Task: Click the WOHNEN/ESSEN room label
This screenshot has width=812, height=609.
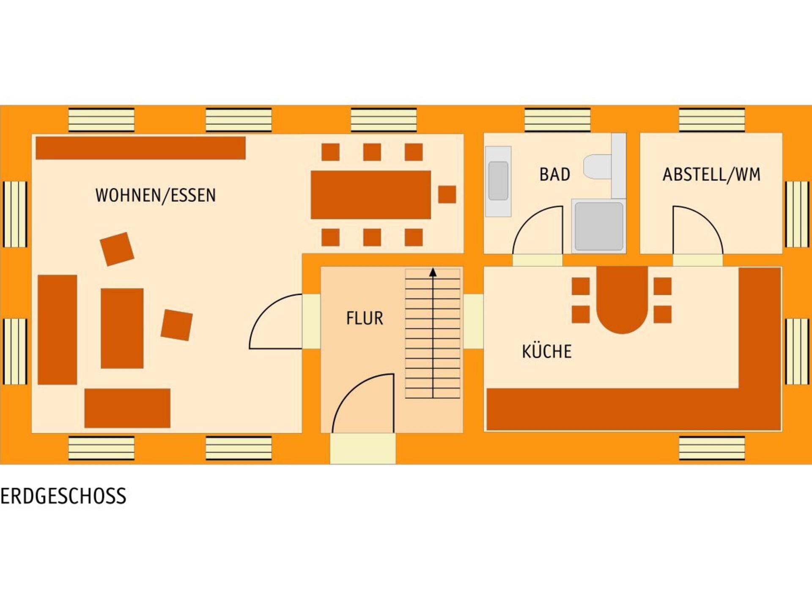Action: pyautogui.click(x=156, y=195)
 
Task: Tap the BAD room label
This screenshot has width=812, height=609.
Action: pyautogui.click(x=554, y=174)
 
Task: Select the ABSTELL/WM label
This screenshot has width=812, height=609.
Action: pyautogui.click(x=711, y=175)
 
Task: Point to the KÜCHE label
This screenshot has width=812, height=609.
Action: pyautogui.click(x=546, y=351)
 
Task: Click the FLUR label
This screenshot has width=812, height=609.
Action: pyautogui.click(x=365, y=318)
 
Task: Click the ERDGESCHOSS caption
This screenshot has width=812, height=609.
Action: pyautogui.click(x=63, y=496)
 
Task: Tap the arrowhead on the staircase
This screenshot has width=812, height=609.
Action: pyautogui.click(x=433, y=272)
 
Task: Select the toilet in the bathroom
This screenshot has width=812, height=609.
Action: pyautogui.click(x=597, y=167)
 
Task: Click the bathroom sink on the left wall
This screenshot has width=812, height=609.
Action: pyautogui.click(x=498, y=181)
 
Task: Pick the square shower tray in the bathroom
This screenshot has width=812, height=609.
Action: pyautogui.click(x=598, y=226)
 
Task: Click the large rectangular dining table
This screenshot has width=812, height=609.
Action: pyautogui.click(x=371, y=195)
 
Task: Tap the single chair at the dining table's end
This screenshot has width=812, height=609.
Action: pyautogui.click(x=447, y=195)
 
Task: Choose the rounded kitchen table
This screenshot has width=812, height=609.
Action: pyautogui.click(x=622, y=299)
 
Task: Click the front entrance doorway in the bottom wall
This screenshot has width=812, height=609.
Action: pyautogui.click(x=363, y=448)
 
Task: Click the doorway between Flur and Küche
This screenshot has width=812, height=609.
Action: pyautogui.click(x=473, y=321)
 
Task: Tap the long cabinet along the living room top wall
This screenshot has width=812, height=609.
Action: pyautogui.click(x=140, y=148)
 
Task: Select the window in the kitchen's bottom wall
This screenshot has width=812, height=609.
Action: pyautogui.click(x=712, y=448)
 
